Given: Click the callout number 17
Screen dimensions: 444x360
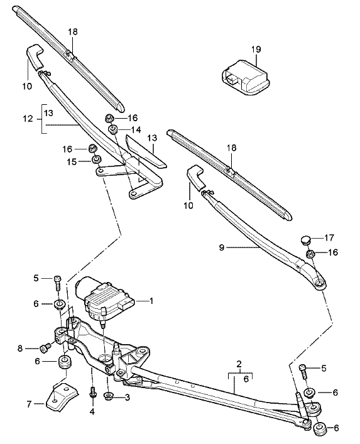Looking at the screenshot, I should pyautogui.click(x=330, y=238).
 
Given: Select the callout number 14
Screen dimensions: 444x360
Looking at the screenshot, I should pyautogui.click(x=135, y=129).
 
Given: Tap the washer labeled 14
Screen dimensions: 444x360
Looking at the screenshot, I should pyautogui.click(x=113, y=129).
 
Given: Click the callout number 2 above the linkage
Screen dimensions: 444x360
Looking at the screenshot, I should pyautogui.click(x=239, y=364).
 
